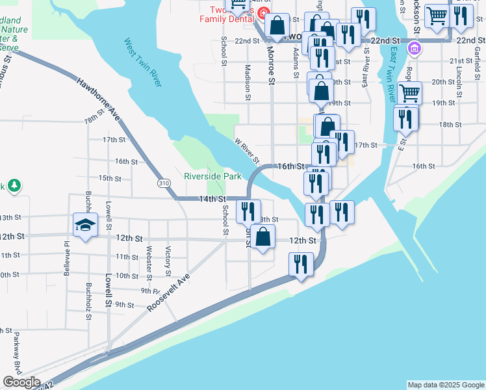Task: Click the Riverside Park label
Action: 212,176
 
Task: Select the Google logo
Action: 21,382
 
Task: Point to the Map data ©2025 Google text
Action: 445,385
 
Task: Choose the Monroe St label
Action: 271,62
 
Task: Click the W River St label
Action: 247,150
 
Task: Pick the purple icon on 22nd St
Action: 413,47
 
